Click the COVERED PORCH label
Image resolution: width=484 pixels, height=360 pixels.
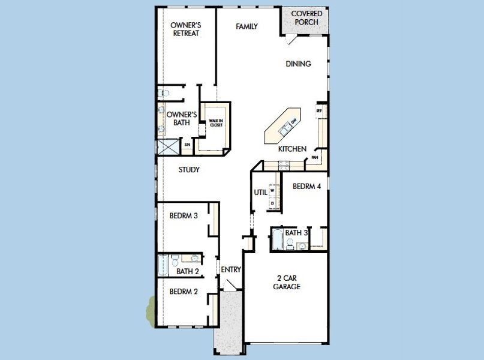pyautogui.click(x=306, y=18)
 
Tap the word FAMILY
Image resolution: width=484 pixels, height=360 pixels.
pyautogui.click(x=246, y=26)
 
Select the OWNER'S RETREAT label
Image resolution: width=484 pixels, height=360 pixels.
pyautogui.click(x=185, y=29)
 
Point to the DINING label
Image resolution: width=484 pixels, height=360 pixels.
pyautogui.click(x=298, y=64)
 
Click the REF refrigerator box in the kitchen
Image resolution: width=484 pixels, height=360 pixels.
pyautogui.click(x=319, y=112)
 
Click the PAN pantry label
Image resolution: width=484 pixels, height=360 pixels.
pyautogui.click(x=314, y=158)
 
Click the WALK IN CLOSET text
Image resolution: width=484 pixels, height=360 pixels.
pyautogui.click(x=216, y=122)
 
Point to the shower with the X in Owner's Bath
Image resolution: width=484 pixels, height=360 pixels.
pyautogui.click(x=168, y=147)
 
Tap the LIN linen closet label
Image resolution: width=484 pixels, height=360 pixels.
pyautogui.click(x=188, y=145)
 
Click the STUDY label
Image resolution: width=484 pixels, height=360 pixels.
pyautogui.click(x=189, y=170)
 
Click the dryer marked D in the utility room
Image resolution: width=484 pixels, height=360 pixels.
pyautogui.click(x=272, y=203)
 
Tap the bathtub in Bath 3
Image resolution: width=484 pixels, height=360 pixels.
pyautogui.click(x=277, y=240)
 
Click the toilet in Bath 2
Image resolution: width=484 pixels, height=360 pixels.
pyautogui.click(x=175, y=260)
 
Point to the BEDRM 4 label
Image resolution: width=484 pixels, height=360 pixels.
pyautogui.click(x=306, y=187)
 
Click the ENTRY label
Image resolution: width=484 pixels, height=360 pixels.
pyautogui.click(x=231, y=270)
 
